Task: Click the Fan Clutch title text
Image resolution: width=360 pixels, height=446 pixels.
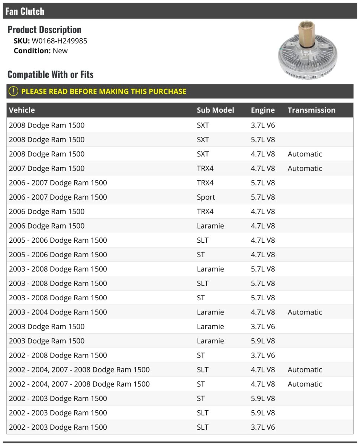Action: pyautogui.click(x=25, y=11)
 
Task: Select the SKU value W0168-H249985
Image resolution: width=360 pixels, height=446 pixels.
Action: pyautogui.click(x=60, y=41)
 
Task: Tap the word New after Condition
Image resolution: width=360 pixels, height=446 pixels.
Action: pyautogui.click(x=60, y=51)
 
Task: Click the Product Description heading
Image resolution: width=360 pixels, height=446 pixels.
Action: pyautogui.click(x=44, y=30)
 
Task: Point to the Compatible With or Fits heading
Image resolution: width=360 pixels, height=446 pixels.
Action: pyautogui.click(x=50, y=74)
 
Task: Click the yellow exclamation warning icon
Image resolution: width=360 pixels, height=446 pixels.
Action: pyautogui.click(x=13, y=91)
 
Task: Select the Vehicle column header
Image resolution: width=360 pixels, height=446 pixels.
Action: pyautogui.click(x=22, y=110)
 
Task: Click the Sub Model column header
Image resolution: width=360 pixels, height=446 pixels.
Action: pyautogui.click(x=215, y=110)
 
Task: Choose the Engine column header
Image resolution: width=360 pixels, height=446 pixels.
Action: pyautogui.click(x=263, y=110)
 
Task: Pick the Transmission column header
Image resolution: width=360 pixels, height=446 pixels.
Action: pyautogui.click(x=311, y=110)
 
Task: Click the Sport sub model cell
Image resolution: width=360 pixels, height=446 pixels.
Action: pyautogui.click(x=206, y=197)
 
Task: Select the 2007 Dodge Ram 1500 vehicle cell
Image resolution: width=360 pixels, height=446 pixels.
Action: pyautogui.click(x=46, y=168)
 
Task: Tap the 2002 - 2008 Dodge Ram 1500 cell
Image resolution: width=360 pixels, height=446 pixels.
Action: pyautogui.click(x=58, y=355)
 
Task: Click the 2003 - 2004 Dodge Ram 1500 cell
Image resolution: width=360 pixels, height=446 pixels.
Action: pyautogui.click(x=58, y=312)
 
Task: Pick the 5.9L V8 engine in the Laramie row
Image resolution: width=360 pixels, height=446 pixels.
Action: pyautogui.click(x=263, y=341)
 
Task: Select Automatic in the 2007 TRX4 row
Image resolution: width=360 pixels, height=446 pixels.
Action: pyautogui.click(x=305, y=168)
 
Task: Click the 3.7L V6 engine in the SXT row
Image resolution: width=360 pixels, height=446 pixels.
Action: pyautogui.click(x=263, y=125)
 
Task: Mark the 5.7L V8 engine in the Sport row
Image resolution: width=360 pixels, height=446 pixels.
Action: pyautogui.click(x=263, y=197)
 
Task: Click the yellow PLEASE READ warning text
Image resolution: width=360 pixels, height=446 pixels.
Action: pyautogui.click(x=104, y=91)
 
